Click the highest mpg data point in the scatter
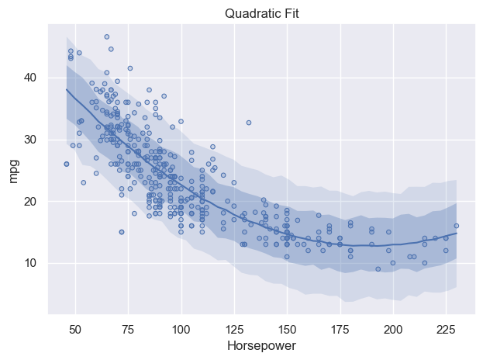click(107, 36)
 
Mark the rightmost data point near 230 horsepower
click(456, 226)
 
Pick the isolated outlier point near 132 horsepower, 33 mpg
click(249, 123)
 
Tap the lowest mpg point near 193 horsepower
click(378, 269)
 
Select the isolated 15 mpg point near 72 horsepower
click(122, 232)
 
